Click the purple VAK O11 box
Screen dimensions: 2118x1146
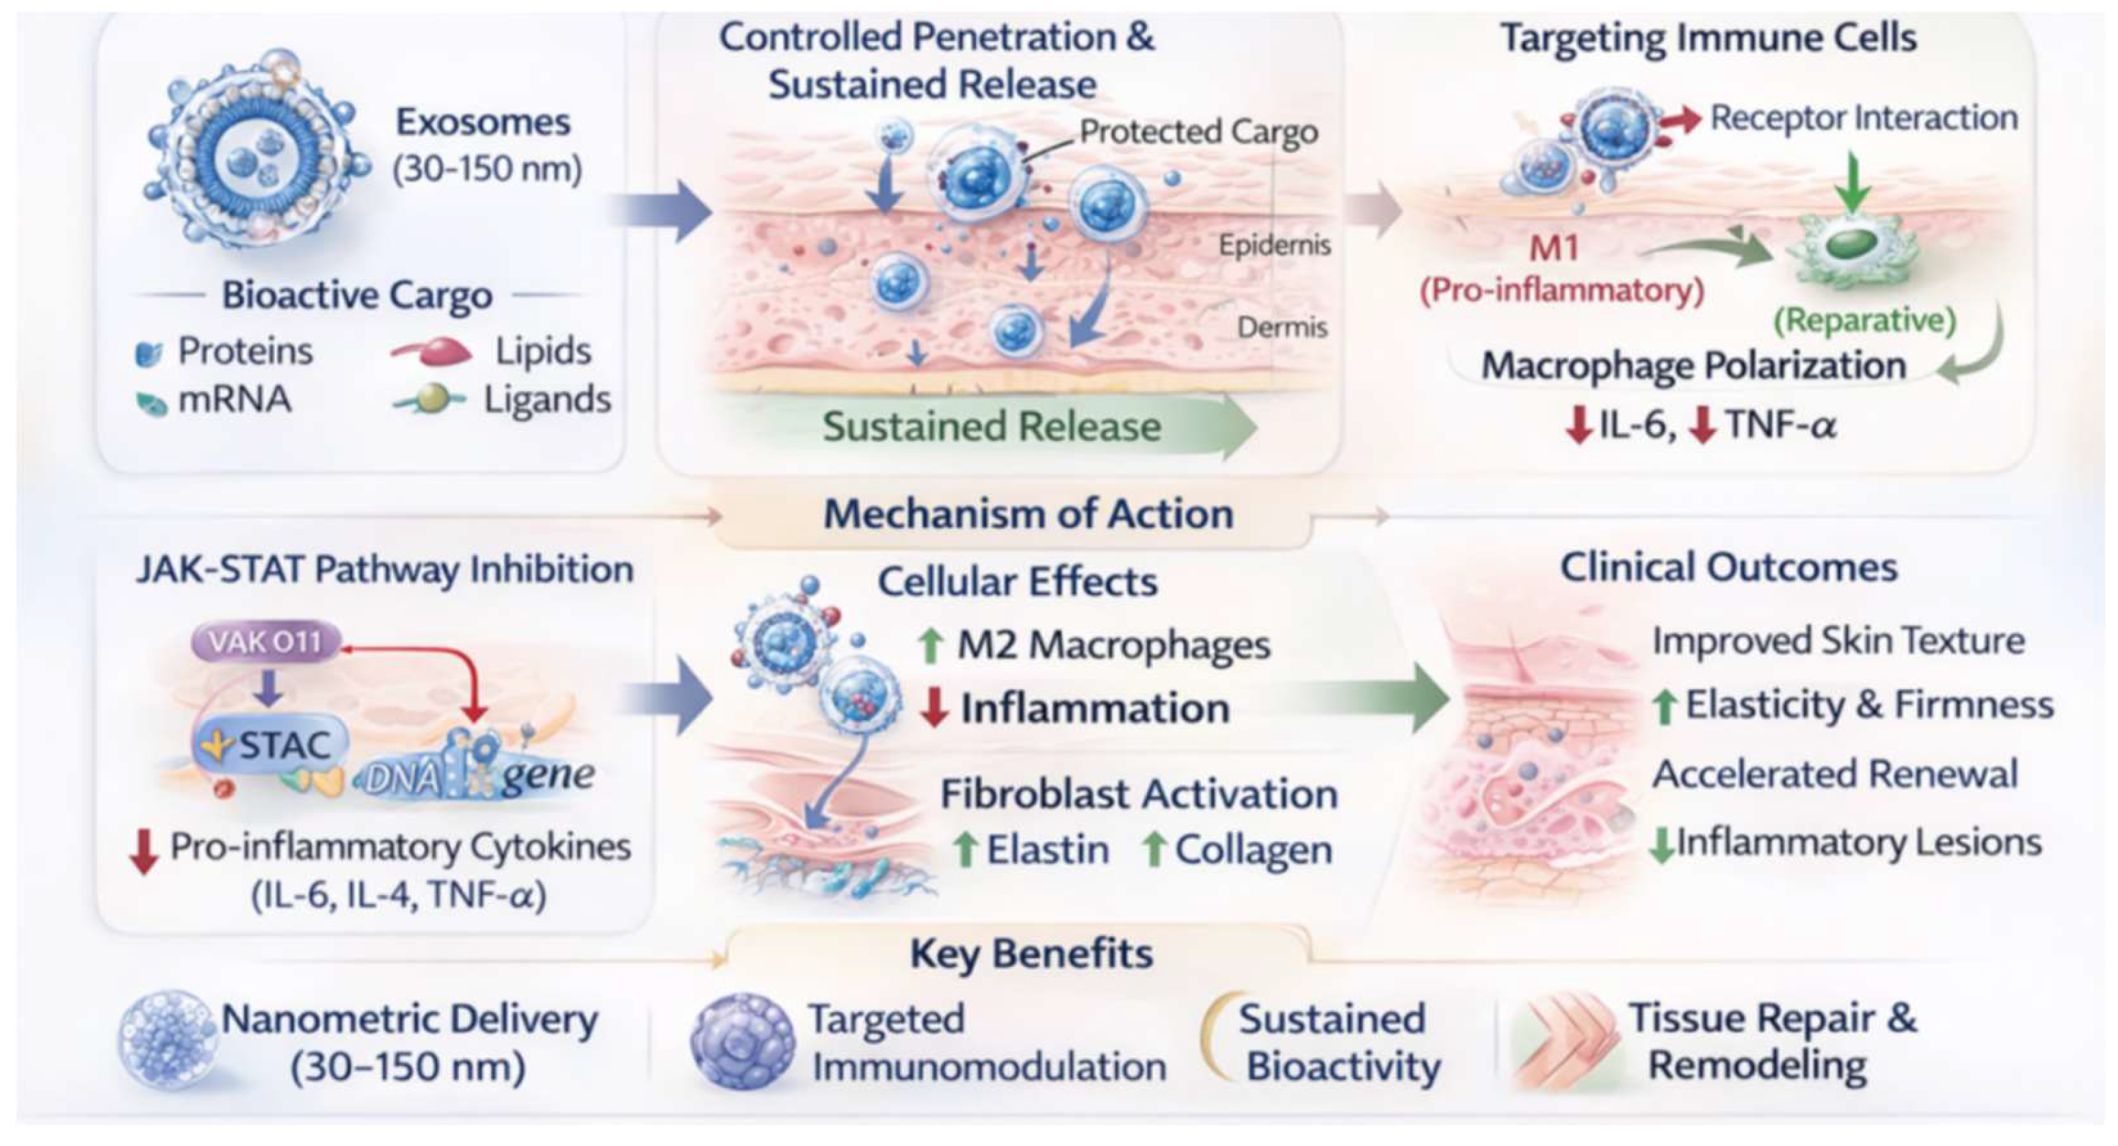[x=265, y=641]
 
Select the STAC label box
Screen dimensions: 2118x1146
[x=271, y=745]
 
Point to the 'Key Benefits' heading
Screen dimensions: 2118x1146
[x=1031, y=954]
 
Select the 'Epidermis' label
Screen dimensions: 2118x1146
[x=1274, y=245]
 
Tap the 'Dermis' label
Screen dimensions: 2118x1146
[x=1283, y=328]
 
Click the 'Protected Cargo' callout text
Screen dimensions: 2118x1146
[x=1199, y=131]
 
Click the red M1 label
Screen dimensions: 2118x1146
[x=1554, y=248]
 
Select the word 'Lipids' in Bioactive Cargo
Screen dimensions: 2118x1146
[x=542, y=351]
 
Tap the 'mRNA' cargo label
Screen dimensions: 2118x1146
[x=235, y=399]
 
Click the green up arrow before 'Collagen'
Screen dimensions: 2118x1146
[x=1154, y=849]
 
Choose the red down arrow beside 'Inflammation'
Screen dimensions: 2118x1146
[x=935, y=708]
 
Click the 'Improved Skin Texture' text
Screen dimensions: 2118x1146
[x=1838, y=641]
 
